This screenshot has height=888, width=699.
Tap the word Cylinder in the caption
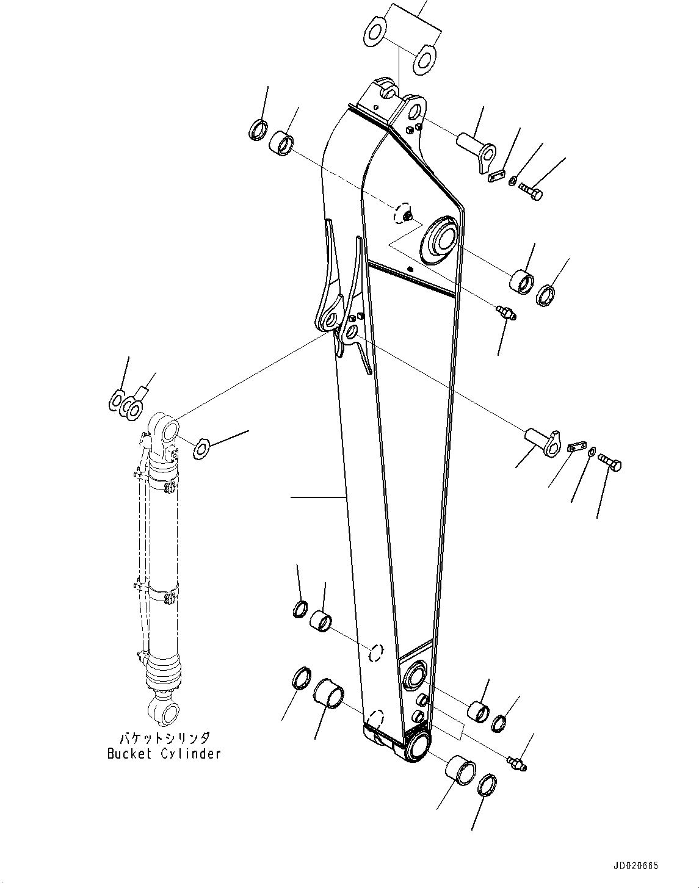[x=190, y=754]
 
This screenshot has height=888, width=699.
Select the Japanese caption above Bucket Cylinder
[x=164, y=737]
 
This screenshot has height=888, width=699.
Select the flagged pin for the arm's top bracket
[x=477, y=151]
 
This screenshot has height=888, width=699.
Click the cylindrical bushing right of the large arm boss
[x=521, y=281]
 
